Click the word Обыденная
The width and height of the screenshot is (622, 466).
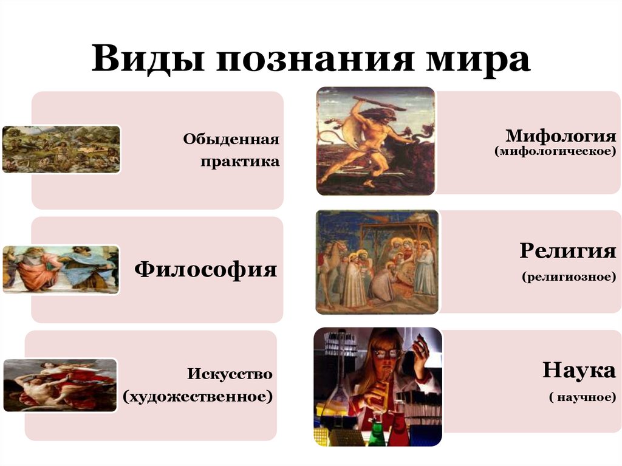point(232,140)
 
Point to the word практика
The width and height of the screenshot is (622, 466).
point(241,162)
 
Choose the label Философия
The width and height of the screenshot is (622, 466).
point(206,269)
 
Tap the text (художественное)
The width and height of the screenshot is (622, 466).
point(197,397)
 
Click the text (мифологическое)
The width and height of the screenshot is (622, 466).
point(556,150)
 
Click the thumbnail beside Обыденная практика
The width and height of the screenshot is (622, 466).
point(61,149)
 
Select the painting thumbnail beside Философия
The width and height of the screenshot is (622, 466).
point(61,269)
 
